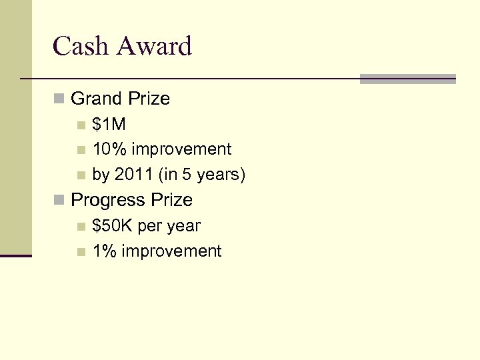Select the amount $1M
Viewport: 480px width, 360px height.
pyautogui.click(x=109, y=125)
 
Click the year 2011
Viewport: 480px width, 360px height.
pyautogui.click(x=133, y=175)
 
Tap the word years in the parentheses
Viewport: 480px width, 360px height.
pyautogui.click(x=220, y=175)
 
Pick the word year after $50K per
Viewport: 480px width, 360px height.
pyautogui.click(x=183, y=226)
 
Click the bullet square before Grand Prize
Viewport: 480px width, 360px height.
pyautogui.click(x=59, y=99)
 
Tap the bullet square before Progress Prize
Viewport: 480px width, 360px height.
pyautogui.click(x=59, y=200)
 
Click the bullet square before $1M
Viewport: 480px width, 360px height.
pyautogui.click(x=81, y=125)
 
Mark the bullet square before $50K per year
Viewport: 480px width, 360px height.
pyautogui.click(x=81, y=227)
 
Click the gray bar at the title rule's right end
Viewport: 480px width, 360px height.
pyautogui.click(x=407, y=79)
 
